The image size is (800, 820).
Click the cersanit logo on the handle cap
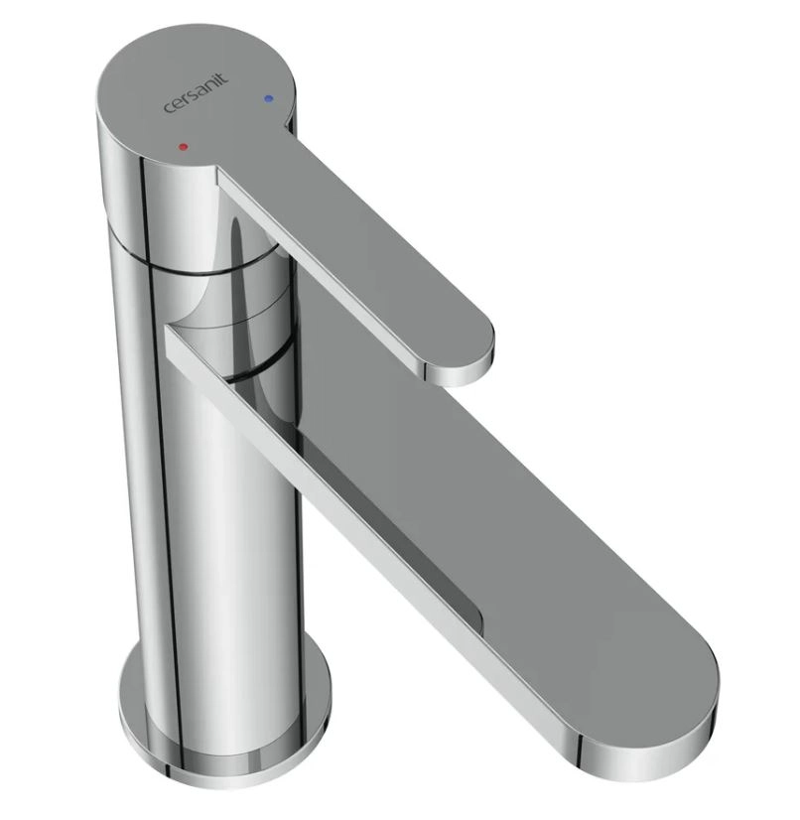coord(197,93)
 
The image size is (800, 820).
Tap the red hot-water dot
coord(183,147)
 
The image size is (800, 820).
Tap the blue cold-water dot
coord(268,98)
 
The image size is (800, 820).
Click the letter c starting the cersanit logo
coord(169,108)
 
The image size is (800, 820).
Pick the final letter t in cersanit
coord(225,78)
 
